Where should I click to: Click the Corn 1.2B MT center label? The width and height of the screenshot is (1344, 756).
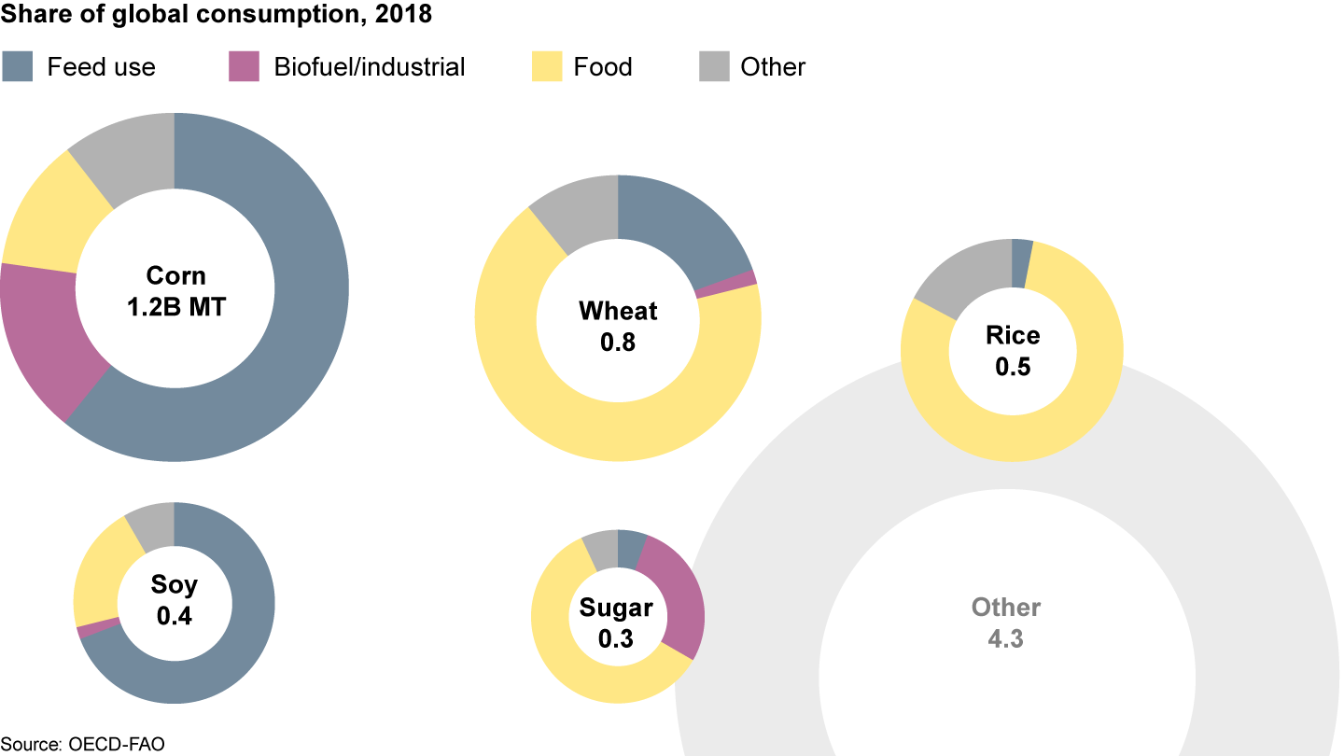[x=175, y=290]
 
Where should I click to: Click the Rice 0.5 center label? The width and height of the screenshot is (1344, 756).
[x=1012, y=350]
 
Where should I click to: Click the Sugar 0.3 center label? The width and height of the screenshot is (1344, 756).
[x=617, y=623]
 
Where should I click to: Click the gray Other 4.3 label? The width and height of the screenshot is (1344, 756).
[x=1005, y=623]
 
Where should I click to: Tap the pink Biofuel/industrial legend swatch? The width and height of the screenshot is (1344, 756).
[x=244, y=67]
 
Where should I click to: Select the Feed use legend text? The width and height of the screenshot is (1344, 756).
[x=101, y=67]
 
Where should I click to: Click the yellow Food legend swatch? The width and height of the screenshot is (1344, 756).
[x=547, y=67]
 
